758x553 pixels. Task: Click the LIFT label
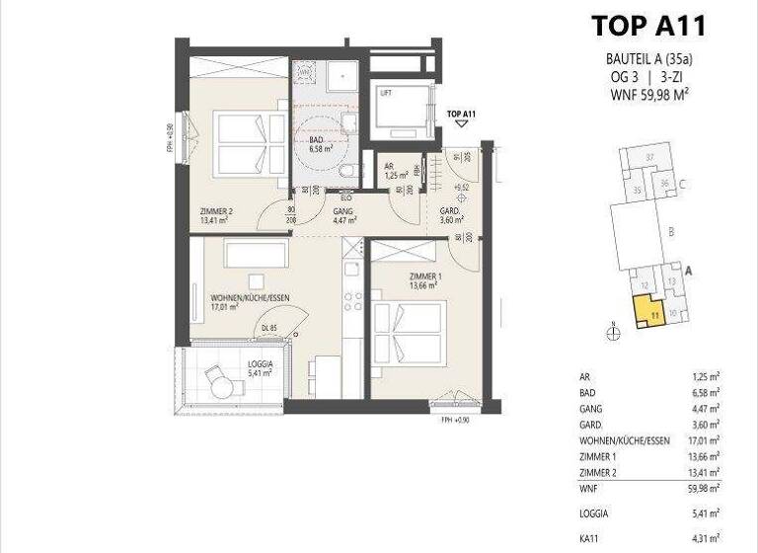386,94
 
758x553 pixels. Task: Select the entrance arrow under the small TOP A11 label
461,124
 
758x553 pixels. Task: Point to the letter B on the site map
671,233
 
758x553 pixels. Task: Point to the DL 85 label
268,329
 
